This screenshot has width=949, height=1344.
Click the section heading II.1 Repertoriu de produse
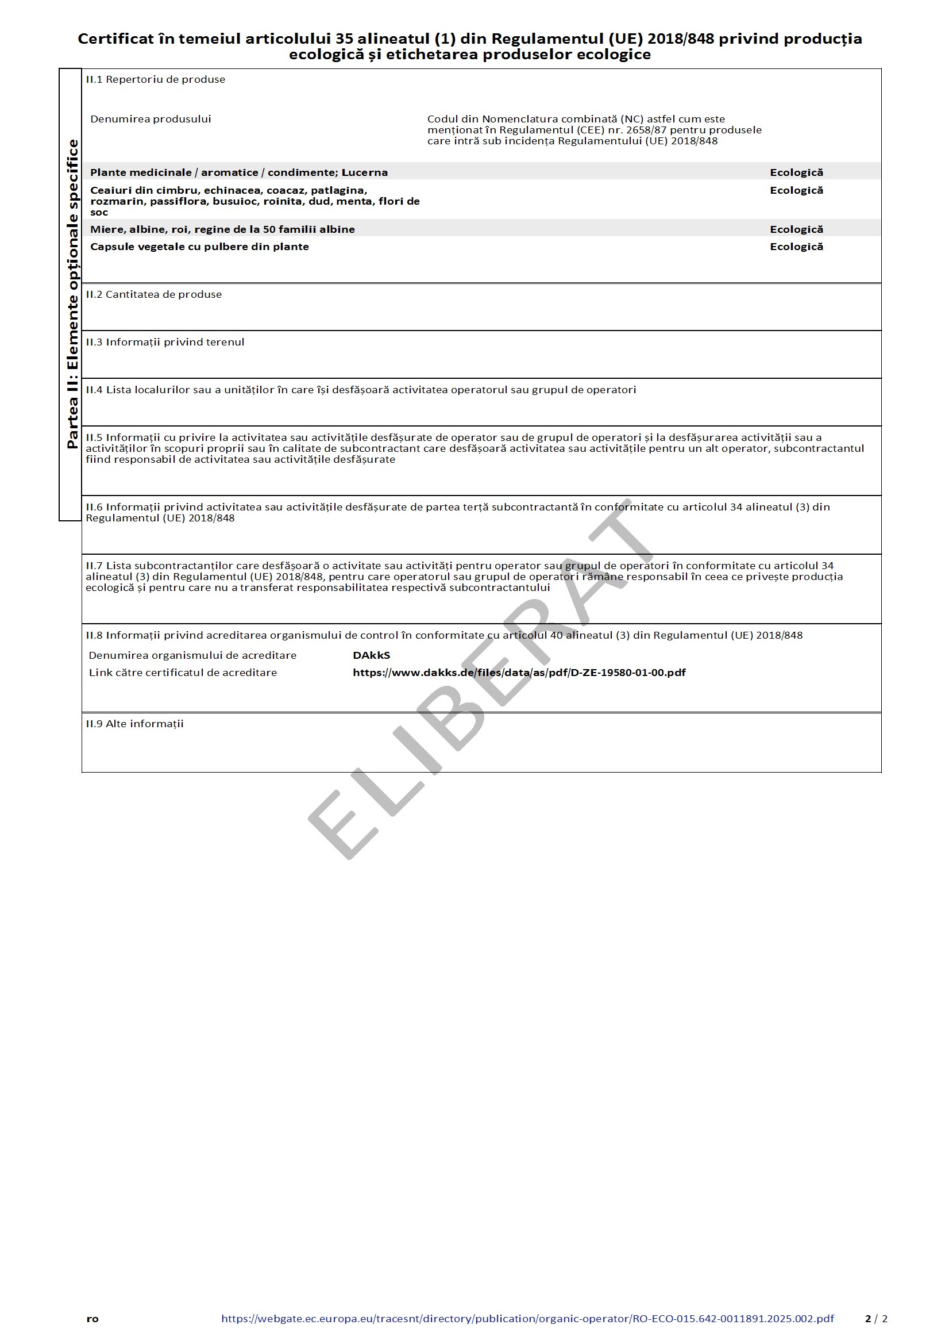[155, 79]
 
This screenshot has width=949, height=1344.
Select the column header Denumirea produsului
[151, 119]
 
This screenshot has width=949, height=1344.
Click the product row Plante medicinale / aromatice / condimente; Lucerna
[239, 172]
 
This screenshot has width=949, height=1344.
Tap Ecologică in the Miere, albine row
[796, 229]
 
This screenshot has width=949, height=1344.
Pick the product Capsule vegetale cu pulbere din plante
[199, 247]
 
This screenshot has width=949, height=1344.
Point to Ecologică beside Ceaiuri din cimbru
[796, 190]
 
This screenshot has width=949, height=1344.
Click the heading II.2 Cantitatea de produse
[154, 294]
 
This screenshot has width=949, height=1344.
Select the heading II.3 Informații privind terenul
[165, 342]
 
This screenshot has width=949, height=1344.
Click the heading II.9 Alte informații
[134, 724]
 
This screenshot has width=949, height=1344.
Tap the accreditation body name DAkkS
[371, 655]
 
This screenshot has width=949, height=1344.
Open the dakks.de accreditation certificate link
[519, 673]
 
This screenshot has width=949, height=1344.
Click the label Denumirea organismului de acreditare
[192, 655]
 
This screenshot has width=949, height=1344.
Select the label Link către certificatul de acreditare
[183, 673]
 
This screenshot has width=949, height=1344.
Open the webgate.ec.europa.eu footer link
[527, 1318]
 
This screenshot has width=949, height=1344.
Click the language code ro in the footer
[92, 1319]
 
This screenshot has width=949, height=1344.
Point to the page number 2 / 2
[876, 1318]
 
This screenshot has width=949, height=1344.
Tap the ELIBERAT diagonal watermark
[480, 679]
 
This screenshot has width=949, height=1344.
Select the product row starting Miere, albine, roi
[222, 229]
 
